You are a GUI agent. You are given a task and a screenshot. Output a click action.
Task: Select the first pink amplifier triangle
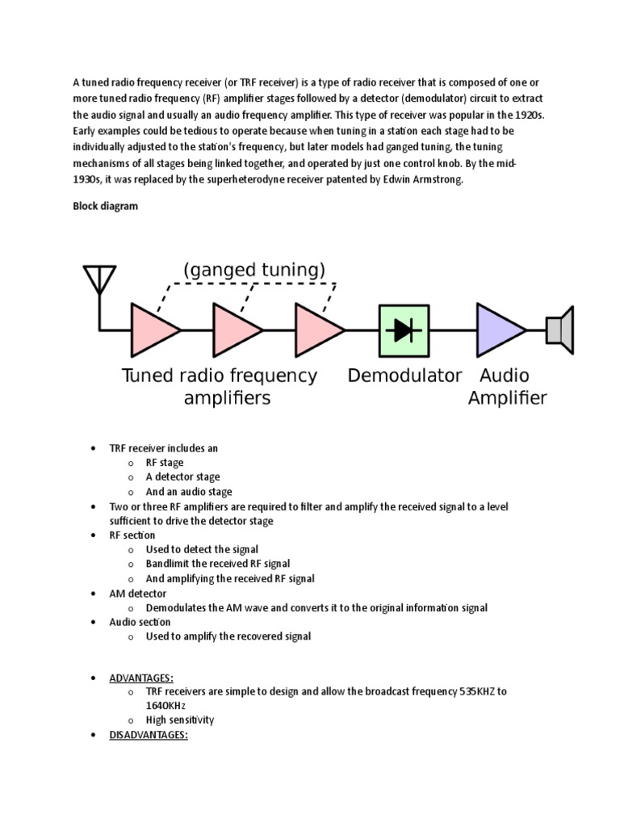pyautogui.click(x=151, y=330)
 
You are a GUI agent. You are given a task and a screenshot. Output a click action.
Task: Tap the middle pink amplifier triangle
pyautogui.click(x=233, y=330)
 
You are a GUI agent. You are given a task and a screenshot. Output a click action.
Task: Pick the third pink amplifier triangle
pyautogui.click(x=316, y=330)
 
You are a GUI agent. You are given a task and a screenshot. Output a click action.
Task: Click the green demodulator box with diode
pyautogui.click(x=403, y=330)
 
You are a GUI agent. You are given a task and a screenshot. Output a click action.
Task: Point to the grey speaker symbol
pyautogui.click(x=559, y=330)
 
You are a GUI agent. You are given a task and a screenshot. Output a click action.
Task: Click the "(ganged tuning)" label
pyautogui.click(x=254, y=270)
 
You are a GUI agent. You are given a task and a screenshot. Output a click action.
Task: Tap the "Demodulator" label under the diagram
pyautogui.click(x=404, y=376)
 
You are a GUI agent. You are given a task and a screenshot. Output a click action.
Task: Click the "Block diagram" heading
pyautogui.click(x=105, y=206)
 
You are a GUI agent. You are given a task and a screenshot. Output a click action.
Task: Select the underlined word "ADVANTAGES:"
pyautogui.click(x=141, y=678)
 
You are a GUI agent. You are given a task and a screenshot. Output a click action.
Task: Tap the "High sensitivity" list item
pyautogui.click(x=180, y=720)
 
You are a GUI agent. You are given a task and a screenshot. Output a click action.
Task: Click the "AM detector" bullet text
pyautogui.click(x=138, y=594)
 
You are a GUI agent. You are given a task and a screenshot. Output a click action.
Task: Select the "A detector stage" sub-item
pyautogui.click(x=182, y=477)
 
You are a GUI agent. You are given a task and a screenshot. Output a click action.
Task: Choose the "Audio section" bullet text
pyautogui.click(x=140, y=622)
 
